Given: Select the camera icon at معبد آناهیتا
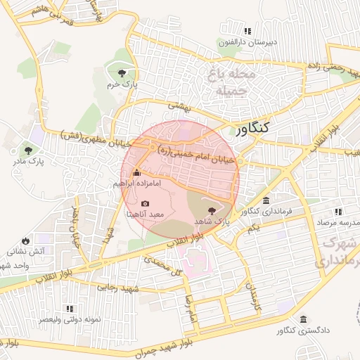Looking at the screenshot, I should tap(146, 203).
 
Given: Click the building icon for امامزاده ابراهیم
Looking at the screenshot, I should tap(136, 173).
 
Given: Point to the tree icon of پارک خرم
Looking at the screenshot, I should tap(122, 72).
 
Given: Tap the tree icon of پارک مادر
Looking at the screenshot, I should tap(28, 150).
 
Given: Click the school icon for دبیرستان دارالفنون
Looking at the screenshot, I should tap(247, 31).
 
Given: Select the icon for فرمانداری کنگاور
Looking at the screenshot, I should tap(266, 200).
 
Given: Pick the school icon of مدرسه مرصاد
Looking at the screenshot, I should tap(339, 211).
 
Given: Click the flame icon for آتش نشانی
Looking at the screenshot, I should tap(26, 240).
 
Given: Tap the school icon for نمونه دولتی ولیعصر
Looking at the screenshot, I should tap(69, 308).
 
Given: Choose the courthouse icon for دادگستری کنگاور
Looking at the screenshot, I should tap(303, 319).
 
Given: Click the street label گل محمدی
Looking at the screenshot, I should tap(163, 265).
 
